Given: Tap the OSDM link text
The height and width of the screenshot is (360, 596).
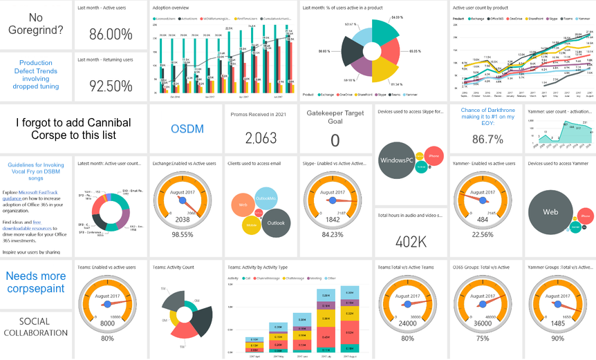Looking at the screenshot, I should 187,129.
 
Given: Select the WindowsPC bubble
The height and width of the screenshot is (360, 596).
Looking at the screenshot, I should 397,160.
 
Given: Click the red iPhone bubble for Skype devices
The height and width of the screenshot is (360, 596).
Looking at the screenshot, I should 434,157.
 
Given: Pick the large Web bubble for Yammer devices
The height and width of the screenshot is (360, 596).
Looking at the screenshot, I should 550,212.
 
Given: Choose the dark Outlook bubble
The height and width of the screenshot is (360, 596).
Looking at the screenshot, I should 275,222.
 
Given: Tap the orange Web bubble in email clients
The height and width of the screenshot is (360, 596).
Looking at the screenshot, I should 243,205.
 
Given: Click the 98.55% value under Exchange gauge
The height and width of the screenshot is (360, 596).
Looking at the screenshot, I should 183,235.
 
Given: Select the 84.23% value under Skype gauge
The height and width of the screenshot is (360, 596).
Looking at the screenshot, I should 333,234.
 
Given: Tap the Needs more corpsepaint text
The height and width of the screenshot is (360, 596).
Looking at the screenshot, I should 36,282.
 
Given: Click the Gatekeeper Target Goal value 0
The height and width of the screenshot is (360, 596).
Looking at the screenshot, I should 335,140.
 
